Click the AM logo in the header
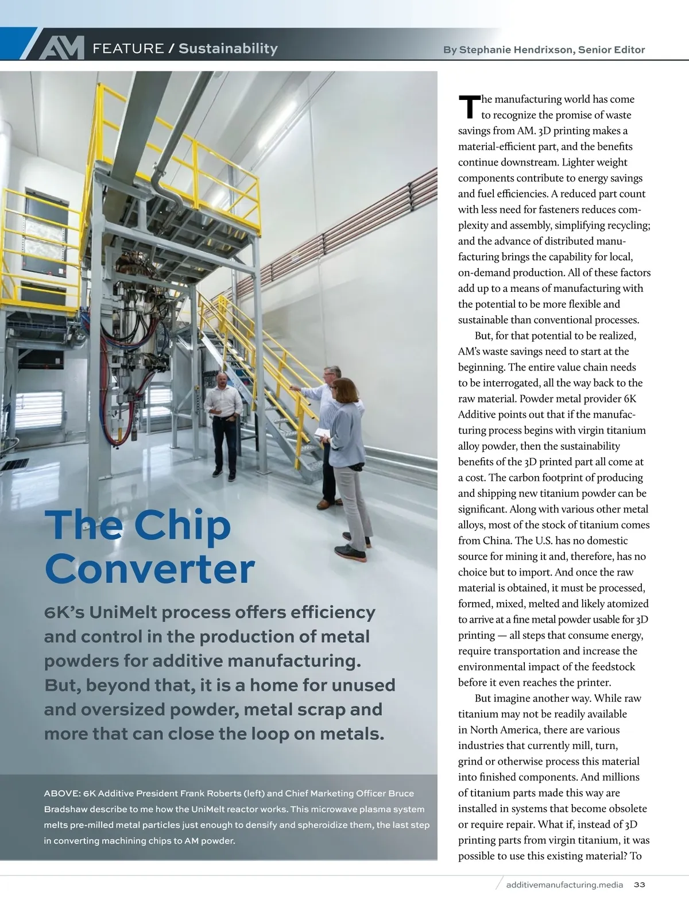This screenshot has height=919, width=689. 61,48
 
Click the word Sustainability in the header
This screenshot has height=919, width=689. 228,49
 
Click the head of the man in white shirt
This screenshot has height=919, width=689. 222,380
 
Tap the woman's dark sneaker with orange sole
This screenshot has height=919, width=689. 350,553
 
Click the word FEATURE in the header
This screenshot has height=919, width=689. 128,49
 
